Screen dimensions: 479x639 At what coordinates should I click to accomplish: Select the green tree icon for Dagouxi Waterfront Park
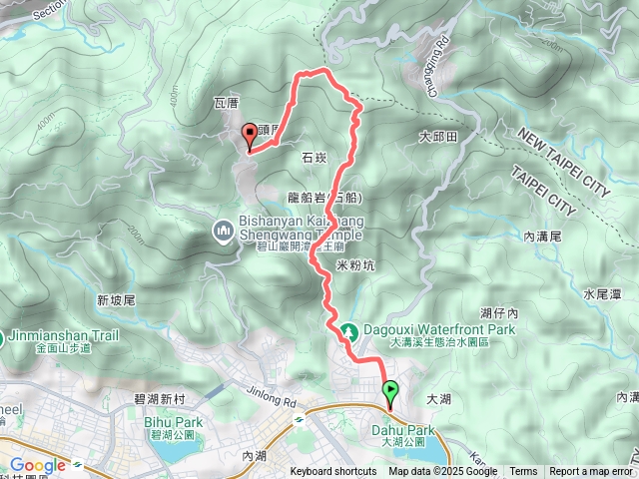click(349, 330)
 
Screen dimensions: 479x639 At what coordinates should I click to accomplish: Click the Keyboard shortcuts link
click(333, 472)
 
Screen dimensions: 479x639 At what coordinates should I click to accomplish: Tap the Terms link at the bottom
click(523, 472)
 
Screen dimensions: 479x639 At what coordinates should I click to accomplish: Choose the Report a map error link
click(590, 472)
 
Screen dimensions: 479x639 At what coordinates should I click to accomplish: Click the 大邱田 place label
click(437, 136)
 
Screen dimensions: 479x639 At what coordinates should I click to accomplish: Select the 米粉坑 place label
click(355, 264)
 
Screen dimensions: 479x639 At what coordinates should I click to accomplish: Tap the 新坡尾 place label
click(116, 300)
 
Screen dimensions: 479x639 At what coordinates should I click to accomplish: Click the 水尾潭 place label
click(602, 293)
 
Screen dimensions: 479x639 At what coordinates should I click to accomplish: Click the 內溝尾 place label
click(544, 237)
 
